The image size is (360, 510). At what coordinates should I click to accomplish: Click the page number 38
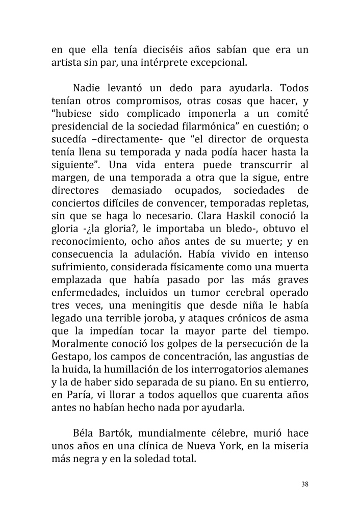[305, 484]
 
